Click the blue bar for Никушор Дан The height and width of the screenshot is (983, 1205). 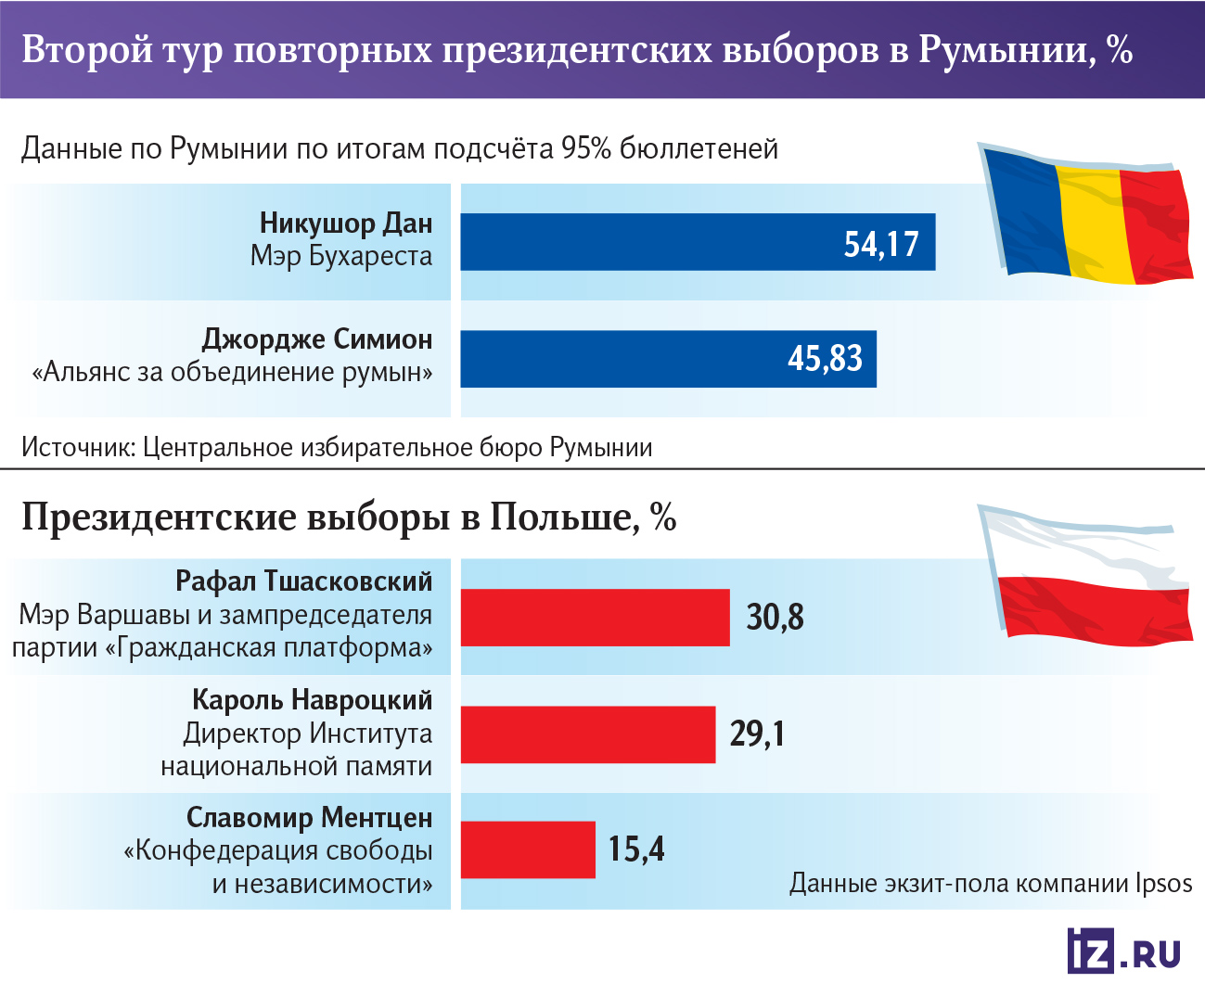[649, 242]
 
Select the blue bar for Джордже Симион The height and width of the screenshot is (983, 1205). [622, 359]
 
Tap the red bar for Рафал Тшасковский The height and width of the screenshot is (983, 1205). [595, 618]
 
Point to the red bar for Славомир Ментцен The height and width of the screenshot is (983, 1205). [528, 849]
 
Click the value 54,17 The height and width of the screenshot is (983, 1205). [880, 244]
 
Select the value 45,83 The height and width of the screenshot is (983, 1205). [825, 359]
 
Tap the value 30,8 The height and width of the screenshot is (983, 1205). [775, 618]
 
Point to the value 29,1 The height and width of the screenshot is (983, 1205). [757, 734]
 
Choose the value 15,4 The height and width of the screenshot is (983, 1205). [636, 849]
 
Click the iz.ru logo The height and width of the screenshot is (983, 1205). [1123, 951]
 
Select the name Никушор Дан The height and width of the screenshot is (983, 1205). [345, 223]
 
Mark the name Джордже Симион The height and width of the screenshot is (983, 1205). [316, 339]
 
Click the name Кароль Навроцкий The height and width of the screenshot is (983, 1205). [312, 699]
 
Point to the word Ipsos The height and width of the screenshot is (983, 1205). [1164, 883]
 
